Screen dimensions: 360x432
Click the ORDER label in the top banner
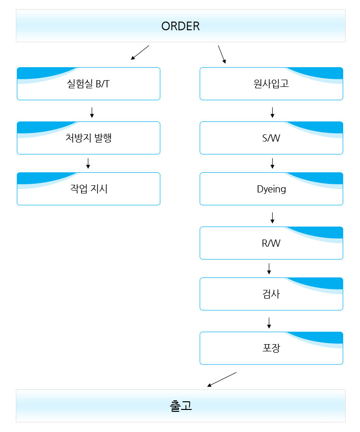180,26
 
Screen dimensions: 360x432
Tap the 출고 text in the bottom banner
180,406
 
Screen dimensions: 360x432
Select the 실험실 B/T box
88,84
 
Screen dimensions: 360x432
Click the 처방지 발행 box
88,138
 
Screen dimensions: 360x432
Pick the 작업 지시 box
88,189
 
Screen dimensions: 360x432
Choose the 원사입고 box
271,84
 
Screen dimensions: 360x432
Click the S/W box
271,138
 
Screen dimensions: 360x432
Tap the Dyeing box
271,189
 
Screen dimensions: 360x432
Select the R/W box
271,243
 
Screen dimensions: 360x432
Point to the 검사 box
271,294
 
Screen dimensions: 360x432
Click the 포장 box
271,348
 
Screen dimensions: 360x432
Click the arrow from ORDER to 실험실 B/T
140,53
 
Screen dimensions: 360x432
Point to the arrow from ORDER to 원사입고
222,55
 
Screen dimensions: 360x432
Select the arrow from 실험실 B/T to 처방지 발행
92,112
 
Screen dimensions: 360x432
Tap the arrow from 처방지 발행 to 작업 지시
88,163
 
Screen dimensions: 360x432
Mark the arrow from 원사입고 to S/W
273,112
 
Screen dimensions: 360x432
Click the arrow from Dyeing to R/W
273,217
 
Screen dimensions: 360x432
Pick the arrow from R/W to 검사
269,269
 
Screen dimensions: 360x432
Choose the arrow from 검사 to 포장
269,323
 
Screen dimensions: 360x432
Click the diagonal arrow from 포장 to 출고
222,379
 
